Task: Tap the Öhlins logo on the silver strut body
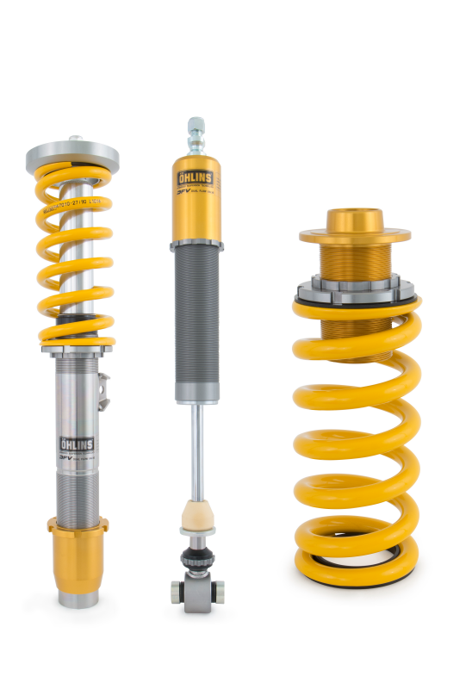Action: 77,444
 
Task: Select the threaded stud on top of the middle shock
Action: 196,134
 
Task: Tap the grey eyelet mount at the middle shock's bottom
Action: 197,593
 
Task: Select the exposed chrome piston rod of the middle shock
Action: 197,448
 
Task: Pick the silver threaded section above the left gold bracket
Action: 78,491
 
